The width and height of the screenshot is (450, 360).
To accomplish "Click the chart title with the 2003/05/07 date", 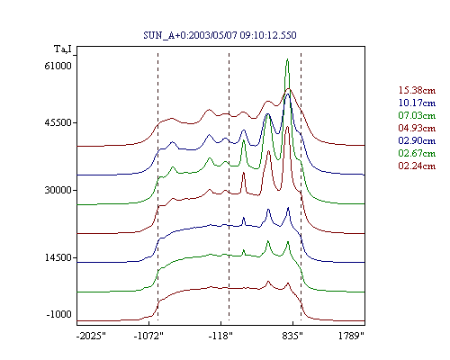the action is pos(220,35).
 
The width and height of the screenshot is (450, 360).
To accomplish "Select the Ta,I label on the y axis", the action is pos(63,49).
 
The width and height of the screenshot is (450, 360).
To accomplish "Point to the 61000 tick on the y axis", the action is pos(58,66).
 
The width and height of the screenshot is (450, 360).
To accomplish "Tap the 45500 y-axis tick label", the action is pos(58,122).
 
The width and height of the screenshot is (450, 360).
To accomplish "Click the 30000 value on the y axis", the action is pos(58,190).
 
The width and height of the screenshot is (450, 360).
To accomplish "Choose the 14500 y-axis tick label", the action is pos(58,257).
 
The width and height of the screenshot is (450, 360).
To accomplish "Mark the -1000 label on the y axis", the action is pos(58,314).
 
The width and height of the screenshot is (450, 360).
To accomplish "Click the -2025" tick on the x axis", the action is pos(91,336).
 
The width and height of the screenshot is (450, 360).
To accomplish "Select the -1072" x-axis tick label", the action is pos(148,336).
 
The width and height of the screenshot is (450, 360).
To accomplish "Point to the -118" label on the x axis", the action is pos(220,336).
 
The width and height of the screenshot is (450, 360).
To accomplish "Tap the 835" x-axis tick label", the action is pos(292,336).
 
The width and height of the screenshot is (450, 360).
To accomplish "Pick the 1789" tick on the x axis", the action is pos(351,336).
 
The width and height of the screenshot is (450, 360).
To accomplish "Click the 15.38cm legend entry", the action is pos(417,90).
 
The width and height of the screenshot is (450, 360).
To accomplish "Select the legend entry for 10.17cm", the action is pos(417,103).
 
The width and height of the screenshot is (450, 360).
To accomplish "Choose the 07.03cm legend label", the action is pos(417,115).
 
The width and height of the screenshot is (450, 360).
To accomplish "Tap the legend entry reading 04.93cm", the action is pos(417,128).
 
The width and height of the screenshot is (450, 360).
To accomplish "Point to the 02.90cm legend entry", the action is pos(417,140).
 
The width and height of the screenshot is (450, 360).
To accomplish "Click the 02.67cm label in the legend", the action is pos(417,153).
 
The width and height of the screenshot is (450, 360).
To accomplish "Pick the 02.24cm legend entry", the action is pos(417,166).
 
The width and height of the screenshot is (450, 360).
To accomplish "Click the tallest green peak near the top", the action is pos(287,59).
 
